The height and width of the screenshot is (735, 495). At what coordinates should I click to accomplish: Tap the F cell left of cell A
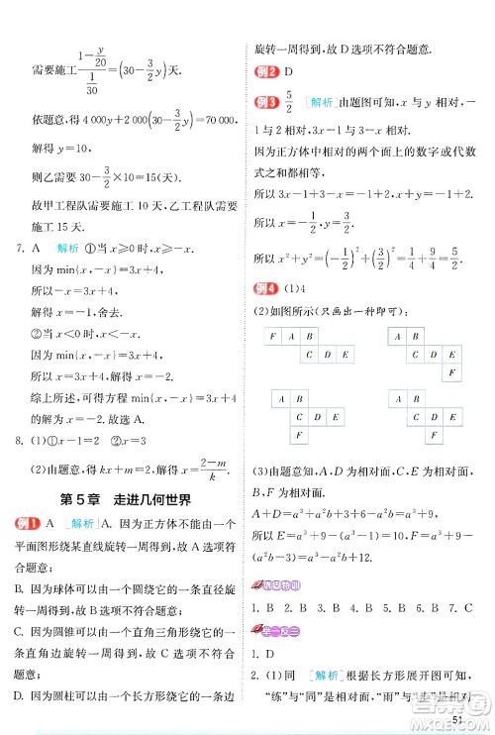(271, 337)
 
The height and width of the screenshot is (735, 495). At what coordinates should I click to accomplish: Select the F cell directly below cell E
(452, 373)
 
